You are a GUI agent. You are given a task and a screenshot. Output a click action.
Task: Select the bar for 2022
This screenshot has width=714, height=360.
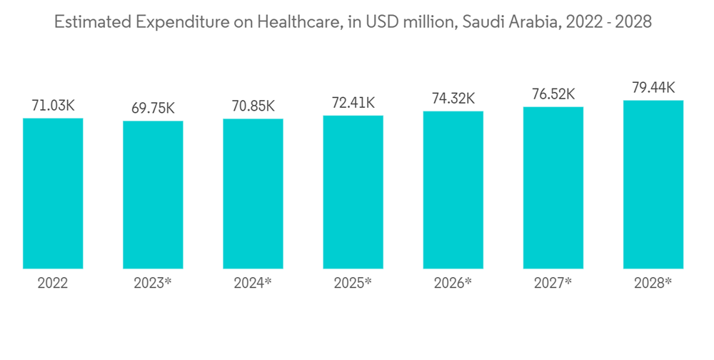(x=53, y=194)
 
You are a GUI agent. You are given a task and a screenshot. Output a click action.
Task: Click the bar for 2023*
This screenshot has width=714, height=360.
(x=153, y=195)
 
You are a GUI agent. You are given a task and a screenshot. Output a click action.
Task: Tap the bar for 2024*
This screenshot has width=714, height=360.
(x=253, y=194)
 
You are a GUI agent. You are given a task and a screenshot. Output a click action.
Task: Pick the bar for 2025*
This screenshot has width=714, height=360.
(x=353, y=192)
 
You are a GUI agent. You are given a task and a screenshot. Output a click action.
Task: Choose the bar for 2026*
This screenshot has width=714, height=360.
(x=453, y=190)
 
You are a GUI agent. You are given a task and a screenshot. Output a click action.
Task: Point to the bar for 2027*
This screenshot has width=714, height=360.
(x=553, y=188)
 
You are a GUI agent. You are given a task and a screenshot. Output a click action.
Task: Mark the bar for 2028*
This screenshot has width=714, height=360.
(x=653, y=184)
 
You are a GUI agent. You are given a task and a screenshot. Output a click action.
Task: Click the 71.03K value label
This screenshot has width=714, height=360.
(x=53, y=106)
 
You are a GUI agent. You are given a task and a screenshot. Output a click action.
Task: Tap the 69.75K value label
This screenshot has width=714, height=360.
(x=153, y=109)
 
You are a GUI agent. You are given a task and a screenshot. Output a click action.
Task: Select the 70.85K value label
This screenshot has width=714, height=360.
(x=253, y=106)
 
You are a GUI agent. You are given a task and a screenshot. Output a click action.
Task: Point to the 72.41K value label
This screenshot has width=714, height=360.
(x=353, y=103)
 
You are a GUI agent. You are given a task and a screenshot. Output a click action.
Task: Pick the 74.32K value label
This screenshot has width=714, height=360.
(x=453, y=99)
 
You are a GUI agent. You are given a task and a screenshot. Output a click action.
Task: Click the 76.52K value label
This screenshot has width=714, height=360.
(x=553, y=94)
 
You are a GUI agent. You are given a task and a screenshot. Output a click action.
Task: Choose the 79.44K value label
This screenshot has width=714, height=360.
(x=653, y=88)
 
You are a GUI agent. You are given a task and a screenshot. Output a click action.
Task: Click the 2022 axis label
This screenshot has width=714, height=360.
(x=53, y=283)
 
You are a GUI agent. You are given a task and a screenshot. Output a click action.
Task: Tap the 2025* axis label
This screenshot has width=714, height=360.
(x=353, y=283)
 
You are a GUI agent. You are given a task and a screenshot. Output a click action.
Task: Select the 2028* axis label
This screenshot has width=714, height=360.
(x=653, y=283)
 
